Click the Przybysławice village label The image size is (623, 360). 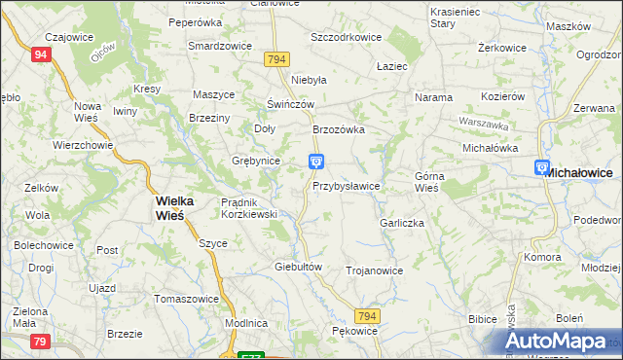[346, 185]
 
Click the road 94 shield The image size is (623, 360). [40, 55]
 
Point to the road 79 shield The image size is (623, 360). [40, 341]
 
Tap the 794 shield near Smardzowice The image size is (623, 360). [276, 60]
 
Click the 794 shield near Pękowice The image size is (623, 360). [366, 317]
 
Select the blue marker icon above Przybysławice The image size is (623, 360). [316, 162]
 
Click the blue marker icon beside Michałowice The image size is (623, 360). [542, 168]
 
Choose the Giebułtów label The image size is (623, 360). [299, 266]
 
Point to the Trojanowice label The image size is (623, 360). [374, 270]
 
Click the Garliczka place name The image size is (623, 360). [403, 223]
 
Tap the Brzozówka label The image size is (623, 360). [338, 129]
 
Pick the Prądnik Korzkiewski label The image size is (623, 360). [249, 207]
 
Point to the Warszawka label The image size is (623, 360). [485, 125]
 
